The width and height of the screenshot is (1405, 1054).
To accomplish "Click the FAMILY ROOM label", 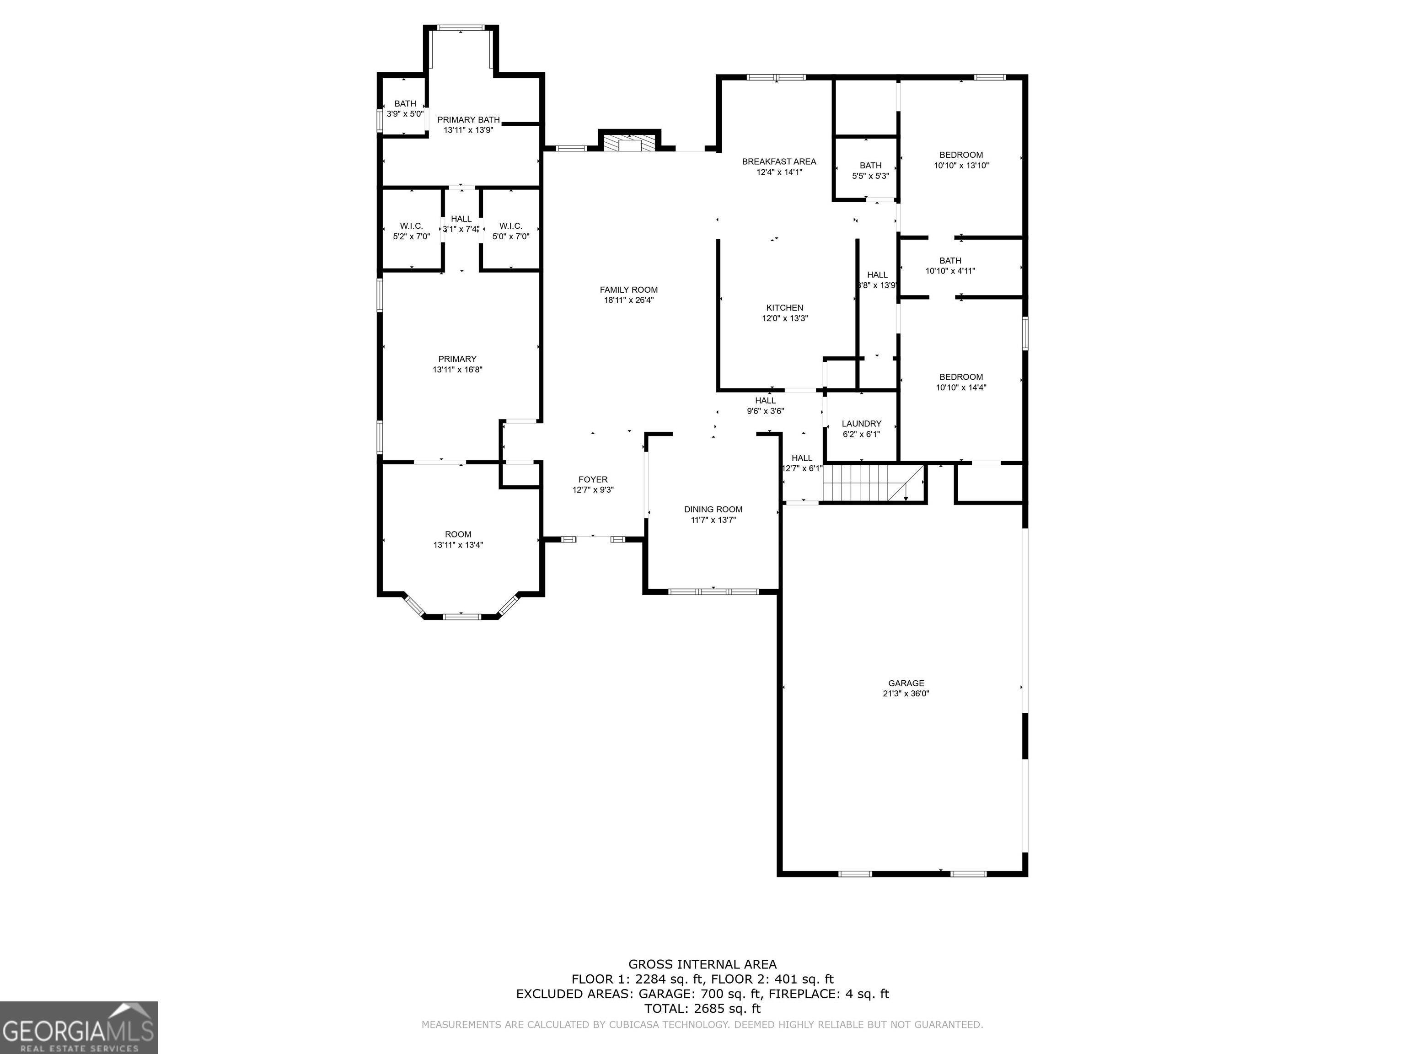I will coord(628,290).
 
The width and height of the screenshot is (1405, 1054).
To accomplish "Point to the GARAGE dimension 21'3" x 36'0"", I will coord(906,694).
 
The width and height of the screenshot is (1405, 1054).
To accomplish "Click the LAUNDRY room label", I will coord(861,424).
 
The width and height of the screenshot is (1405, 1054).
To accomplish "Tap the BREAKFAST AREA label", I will coord(779,161).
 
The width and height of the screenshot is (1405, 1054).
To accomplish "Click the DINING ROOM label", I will coord(713,510).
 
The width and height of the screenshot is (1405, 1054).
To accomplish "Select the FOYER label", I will coord(593,480).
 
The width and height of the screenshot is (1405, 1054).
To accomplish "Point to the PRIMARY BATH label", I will coord(468,120).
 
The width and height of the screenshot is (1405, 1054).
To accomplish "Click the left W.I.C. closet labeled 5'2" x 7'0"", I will coord(411,231).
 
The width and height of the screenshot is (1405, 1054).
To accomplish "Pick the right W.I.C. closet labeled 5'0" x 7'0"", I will coord(511,231).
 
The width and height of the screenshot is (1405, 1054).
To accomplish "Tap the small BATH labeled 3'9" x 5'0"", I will coord(405,108).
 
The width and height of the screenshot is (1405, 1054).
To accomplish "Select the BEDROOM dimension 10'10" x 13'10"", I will coord(961,166).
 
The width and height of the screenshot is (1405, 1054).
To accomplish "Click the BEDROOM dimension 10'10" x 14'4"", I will coord(961,387).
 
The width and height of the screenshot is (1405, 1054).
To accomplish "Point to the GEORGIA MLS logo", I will coord(78,1027).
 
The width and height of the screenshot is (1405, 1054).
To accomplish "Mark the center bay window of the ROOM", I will coord(461,616).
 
